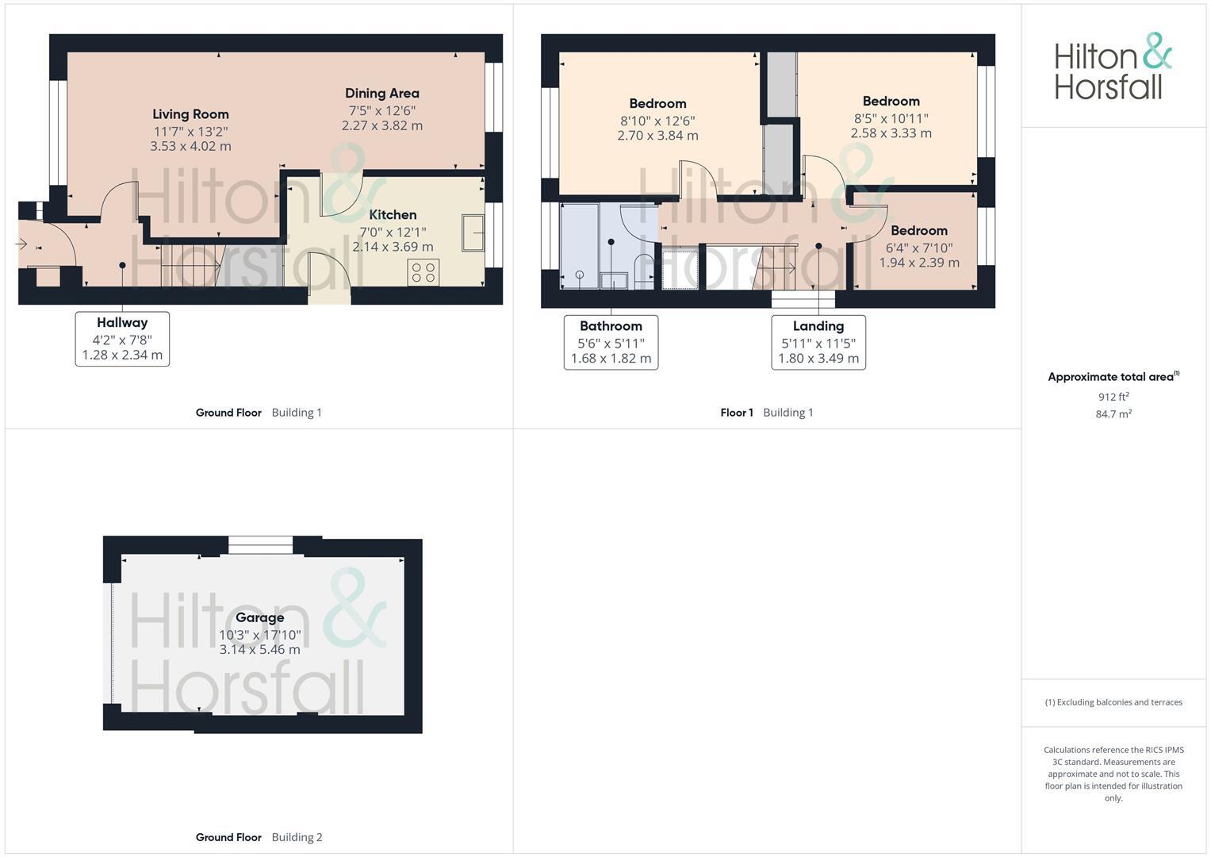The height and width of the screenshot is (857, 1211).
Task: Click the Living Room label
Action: pyautogui.click(x=190, y=114)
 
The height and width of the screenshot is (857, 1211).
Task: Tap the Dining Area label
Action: pyautogui.click(x=381, y=94)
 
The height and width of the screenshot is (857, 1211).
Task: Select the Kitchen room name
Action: pyautogui.click(x=393, y=215)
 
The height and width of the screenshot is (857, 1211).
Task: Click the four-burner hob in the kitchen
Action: pyautogui.click(x=423, y=272)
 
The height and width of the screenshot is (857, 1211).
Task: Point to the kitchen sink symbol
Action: pyautogui.click(x=473, y=233)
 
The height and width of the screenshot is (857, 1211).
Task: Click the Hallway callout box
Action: pyautogui.click(x=122, y=339)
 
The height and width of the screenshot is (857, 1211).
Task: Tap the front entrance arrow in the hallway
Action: pyautogui.click(x=21, y=244)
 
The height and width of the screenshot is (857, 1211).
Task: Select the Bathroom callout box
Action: pyautogui.click(x=611, y=342)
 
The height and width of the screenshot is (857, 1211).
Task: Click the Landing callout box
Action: pyautogui.click(x=818, y=342)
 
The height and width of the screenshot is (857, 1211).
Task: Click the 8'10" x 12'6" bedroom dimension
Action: pyautogui.click(x=657, y=121)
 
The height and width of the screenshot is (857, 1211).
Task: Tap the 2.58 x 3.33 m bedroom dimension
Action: pyautogui.click(x=891, y=133)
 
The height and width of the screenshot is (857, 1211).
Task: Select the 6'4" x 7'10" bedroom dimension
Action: pyautogui.click(x=918, y=248)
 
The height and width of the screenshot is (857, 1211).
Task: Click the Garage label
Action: pyautogui.click(x=259, y=617)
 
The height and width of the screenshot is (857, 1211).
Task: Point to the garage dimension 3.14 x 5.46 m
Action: pyautogui.click(x=259, y=650)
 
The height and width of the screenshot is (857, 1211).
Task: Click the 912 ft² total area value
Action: pyautogui.click(x=1113, y=397)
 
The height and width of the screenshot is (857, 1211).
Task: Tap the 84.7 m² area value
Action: pyautogui.click(x=1113, y=414)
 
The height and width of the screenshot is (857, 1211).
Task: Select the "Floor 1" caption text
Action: pyautogui.click(x=737, y=413)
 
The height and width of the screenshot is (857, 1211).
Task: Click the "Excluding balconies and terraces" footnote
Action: pyautogui.click(x=1113, y=702)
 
